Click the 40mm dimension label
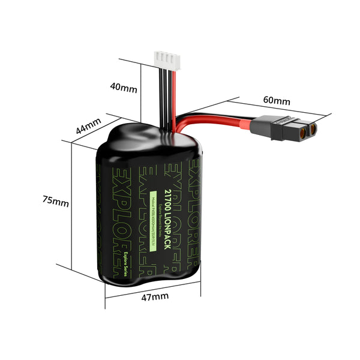124,88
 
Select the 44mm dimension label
88,127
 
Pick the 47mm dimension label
155,296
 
